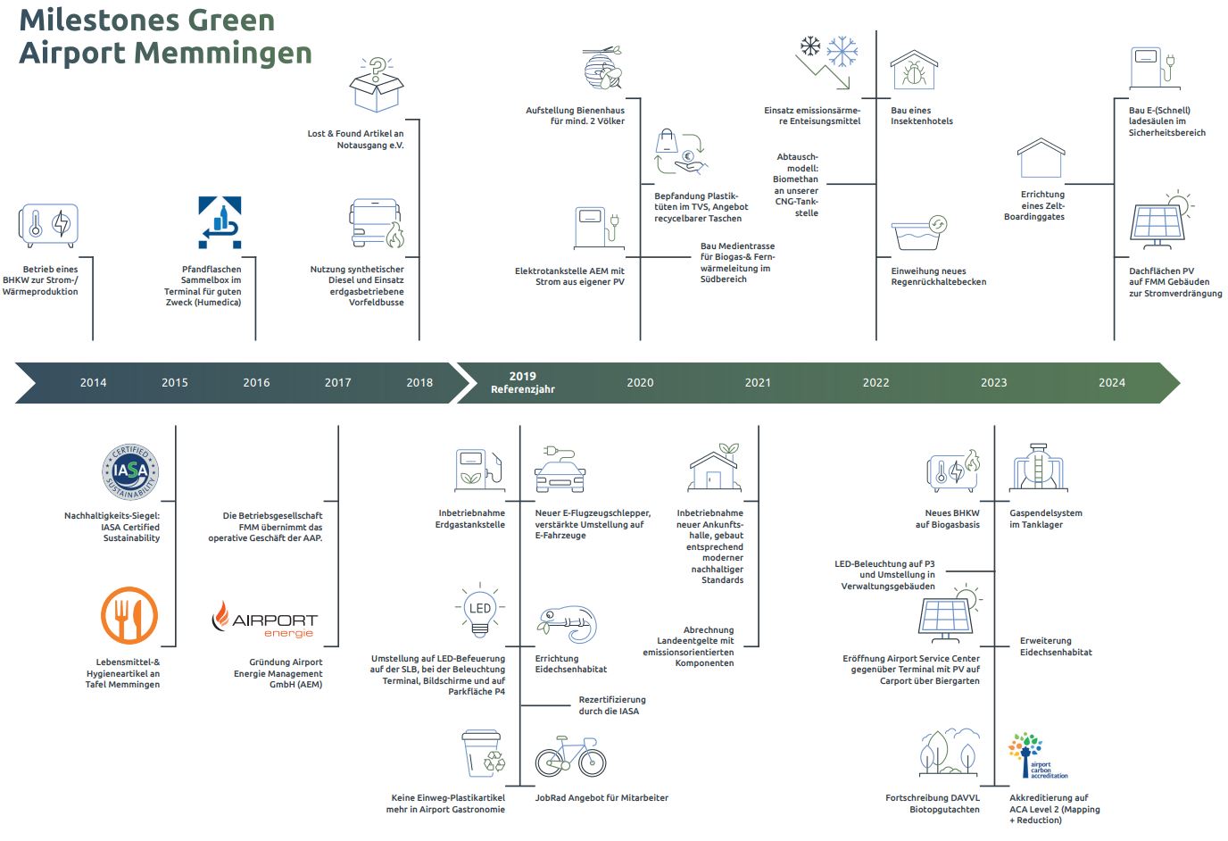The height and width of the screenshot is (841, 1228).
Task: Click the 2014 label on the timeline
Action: tap(93, 382)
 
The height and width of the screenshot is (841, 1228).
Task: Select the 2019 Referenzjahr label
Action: tap(523, 382)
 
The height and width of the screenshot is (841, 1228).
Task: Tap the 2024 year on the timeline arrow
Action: tap(1111, 382)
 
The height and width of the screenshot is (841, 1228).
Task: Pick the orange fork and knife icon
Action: tap(129, 616)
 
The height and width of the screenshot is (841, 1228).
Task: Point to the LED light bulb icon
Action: tap(480, 612)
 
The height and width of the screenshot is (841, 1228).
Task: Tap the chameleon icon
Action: tap(567, 624)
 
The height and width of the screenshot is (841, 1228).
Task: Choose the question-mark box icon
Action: tap(376, 84)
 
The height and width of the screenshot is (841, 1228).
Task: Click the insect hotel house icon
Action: tap(914, 71)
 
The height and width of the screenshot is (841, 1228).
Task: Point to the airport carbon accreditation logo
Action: tap(1038, 756)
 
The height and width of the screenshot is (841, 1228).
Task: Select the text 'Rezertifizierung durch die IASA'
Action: tap(612, 705)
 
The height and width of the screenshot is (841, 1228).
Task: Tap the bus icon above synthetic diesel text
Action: tap(376, 224)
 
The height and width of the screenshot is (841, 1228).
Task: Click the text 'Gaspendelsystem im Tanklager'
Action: tap(1045, 519)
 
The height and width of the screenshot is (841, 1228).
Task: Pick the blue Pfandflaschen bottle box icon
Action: tap(220, 221)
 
